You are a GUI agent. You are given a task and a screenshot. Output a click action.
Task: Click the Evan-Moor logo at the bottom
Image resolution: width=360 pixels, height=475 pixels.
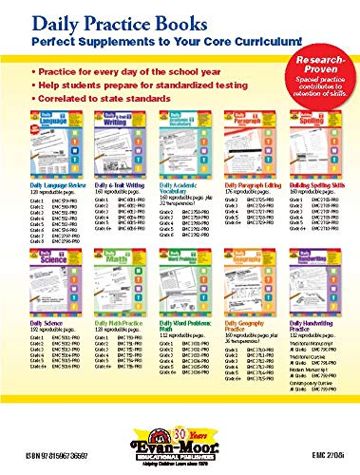click(x=180, y=446)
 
